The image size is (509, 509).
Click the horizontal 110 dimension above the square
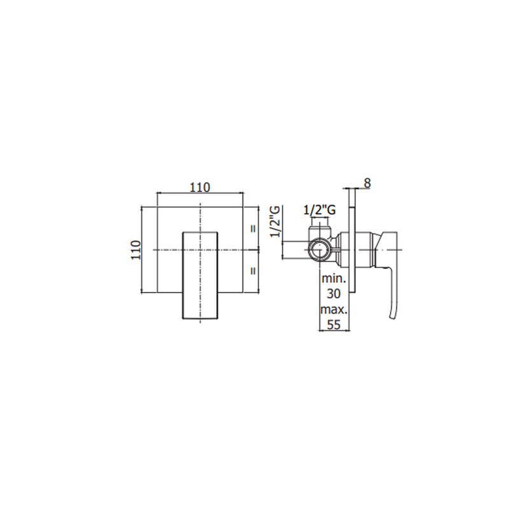(x=200, y=187)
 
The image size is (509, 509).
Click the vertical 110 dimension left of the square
(x=136, y=249)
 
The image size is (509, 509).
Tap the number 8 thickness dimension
(x=367, y=183)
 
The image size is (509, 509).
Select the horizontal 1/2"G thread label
(x=319, y=211)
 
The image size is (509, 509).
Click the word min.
(x=333, y=279)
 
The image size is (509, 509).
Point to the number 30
(x=333, y=294)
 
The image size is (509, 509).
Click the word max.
(x=334, y=310)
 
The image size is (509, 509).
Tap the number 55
(x=333, y=324)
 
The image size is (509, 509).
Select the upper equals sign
(x=253, y=228)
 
